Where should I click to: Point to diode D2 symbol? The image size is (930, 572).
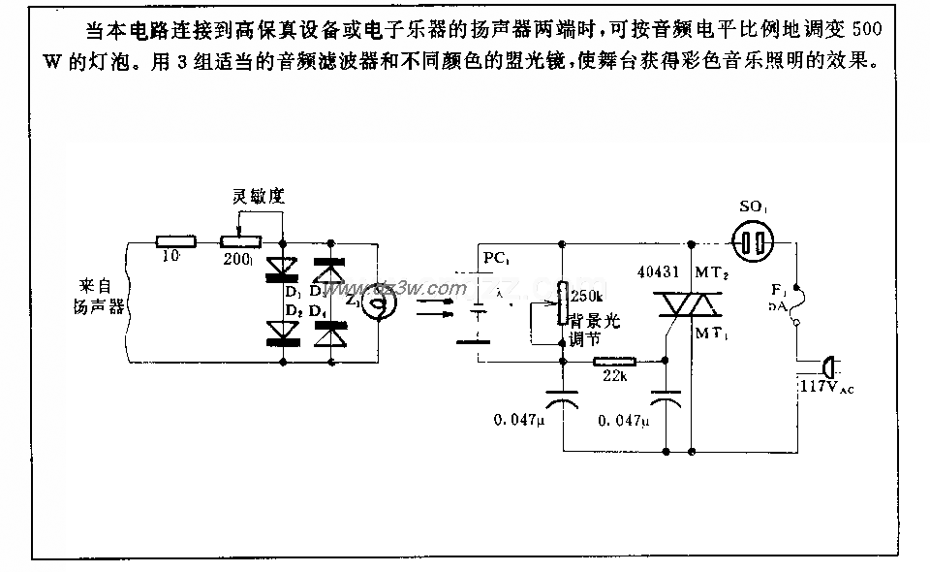(x=282, y=333)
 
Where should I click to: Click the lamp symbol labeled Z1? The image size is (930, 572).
(x=366, y=302)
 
